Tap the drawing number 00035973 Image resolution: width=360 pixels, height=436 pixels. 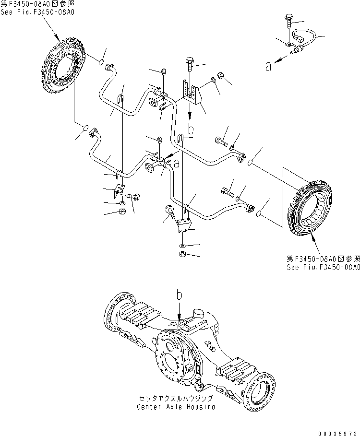(x=336, y=431)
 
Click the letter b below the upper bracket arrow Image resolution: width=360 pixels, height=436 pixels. (x=191, y=130)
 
